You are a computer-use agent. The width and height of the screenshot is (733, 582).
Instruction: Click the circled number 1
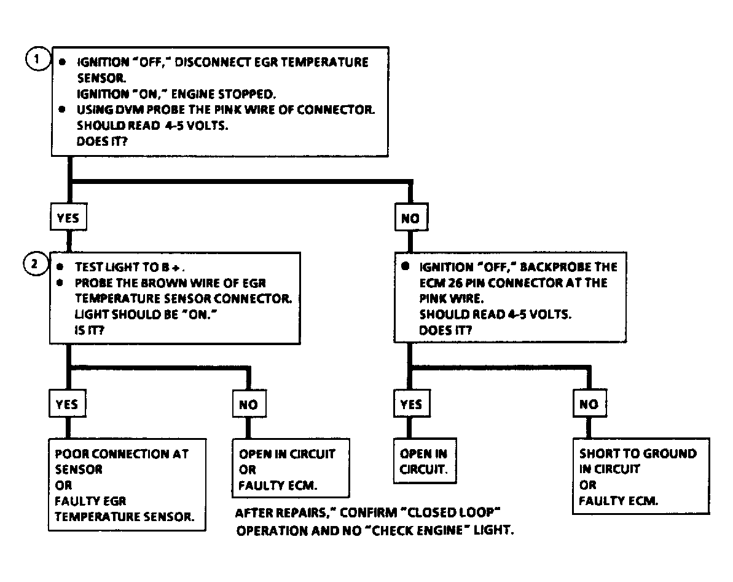pos(38,59)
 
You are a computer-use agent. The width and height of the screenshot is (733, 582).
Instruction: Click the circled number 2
pos(36,264)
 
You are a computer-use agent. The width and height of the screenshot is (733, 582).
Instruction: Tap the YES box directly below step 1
pos(68,217)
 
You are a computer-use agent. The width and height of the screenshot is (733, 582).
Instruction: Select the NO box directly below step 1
pos(411,217)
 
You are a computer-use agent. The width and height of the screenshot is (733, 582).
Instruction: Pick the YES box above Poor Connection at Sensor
pos(68,404)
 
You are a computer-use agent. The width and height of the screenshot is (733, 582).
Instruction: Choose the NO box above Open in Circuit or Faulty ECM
pos(249,404)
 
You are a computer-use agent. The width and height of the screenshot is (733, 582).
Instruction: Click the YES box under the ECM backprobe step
pos(412,404)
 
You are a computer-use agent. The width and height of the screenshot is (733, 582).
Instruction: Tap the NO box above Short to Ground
pos(589,404)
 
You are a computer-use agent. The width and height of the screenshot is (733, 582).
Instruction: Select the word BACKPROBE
pos(555,267)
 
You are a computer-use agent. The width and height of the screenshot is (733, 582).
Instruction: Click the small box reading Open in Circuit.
pos(425,461)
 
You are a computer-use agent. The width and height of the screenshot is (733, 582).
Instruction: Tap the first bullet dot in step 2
pos(60,266)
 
